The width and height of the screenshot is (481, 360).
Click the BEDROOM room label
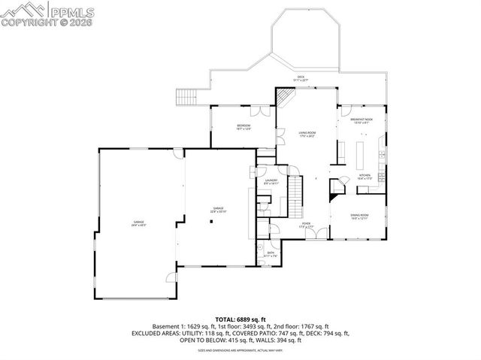243,126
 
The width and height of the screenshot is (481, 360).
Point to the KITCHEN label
365,175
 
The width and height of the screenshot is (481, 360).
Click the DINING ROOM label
358,216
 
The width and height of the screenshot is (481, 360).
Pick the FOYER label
306,223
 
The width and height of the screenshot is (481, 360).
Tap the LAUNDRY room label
271,180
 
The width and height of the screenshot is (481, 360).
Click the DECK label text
301,77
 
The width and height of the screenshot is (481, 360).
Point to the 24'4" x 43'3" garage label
139,222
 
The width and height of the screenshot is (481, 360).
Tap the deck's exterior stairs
186,98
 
